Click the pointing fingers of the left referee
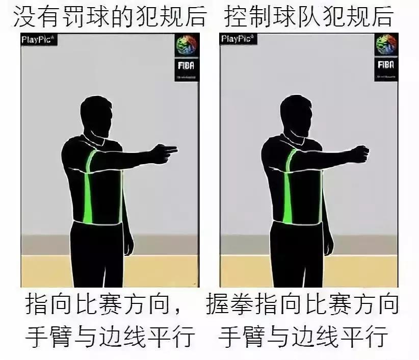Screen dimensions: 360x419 click(167, 150)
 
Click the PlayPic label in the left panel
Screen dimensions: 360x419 click(36, 40)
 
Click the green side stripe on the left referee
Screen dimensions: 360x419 click(88, 189)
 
